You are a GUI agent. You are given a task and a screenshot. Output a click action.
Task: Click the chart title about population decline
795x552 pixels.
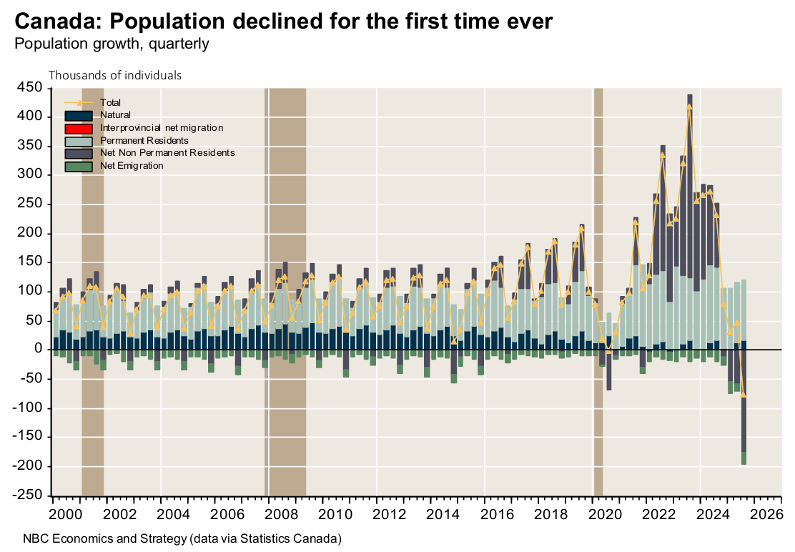(x=283, y=21)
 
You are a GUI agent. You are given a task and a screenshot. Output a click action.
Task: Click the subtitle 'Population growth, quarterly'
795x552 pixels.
(x=112, y=44)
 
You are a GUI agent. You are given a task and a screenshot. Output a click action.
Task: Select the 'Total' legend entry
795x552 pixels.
(x=111, y=102)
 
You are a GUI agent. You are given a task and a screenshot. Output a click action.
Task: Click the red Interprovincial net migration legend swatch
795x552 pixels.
(x=79, y=128)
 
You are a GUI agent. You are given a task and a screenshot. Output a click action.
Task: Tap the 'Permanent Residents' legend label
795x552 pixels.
(x=144, y=140)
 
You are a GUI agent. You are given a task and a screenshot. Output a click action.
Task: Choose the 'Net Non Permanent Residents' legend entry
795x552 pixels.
(x=167, y=153)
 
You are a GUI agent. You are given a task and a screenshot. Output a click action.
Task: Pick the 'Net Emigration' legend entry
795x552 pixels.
(x=132, y=166)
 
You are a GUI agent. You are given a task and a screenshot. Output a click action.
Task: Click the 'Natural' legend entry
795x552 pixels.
(x=115, y=114)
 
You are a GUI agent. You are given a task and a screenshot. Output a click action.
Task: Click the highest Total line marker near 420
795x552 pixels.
(x=689, y=107)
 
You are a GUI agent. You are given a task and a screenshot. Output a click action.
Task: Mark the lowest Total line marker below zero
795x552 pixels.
(x=744, y=395)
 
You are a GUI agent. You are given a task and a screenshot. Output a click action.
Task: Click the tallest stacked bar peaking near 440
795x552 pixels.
(x=689, y=215)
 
